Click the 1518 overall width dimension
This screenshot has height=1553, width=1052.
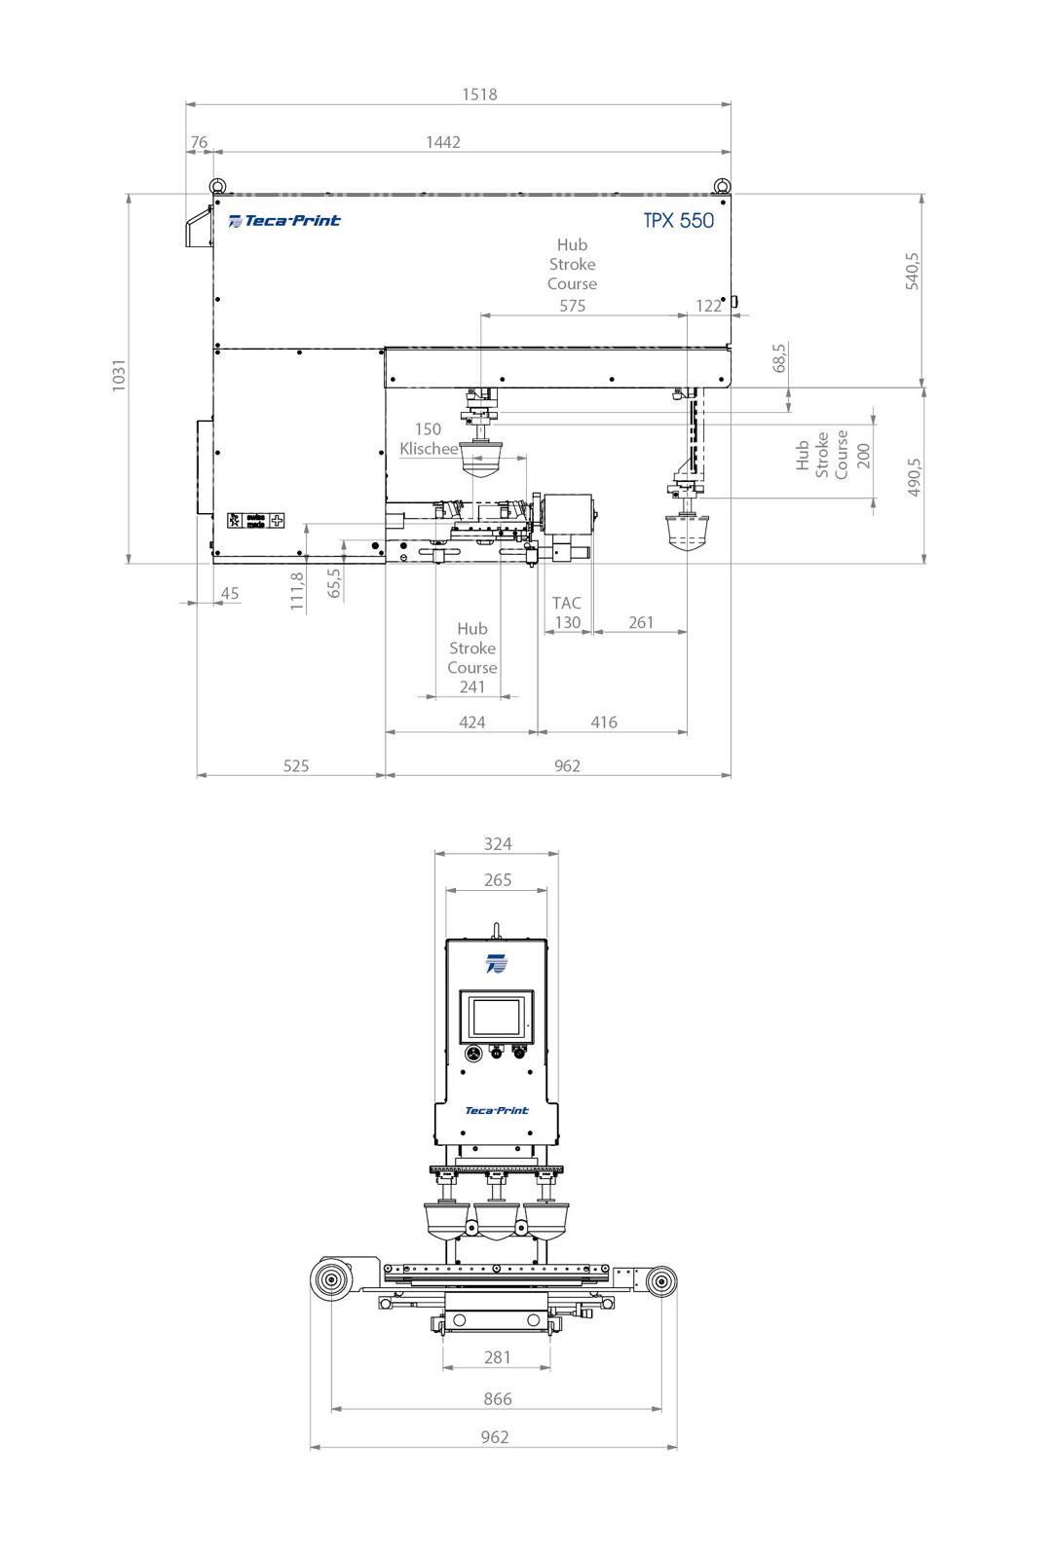pyautogui.click(x=479, y=94)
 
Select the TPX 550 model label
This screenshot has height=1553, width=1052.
pyautogui.click(x=678, y=220)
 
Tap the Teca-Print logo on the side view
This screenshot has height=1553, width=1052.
pyautogui.click(x=284, y=221)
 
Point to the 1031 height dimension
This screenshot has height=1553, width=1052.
pyautogui.click(x=118, y=376)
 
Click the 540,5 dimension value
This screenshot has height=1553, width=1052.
pyautogui.click(x=912, y=271)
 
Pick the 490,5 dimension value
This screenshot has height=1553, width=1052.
pyautogui.click(x=914, y=477)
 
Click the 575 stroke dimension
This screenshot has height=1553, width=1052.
pyautogui.click(x=573, y=306)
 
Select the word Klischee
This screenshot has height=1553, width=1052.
pyautogui.click(x=429, y=449)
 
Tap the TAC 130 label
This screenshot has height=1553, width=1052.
pyautogui.click(x=567, y=613)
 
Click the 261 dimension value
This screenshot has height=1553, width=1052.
pyautogui.click(x=641, y=622)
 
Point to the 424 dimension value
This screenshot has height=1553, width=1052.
pyautogui.click(x=471, y=721)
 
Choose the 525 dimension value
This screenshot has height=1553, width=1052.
pyautogui.click(x=296, y=765)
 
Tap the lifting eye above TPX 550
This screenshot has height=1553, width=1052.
pyautogui.click(x=722, y=184)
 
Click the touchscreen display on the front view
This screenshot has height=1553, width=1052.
pyautogui.click(x=497, y=1018)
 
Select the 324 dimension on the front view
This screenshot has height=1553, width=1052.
pyautogui.click(x=497, y=844)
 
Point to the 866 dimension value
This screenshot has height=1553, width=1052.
pyautogui.click(x=497, y=1399)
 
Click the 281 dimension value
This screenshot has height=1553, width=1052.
pyautogui.click(x=497, y=1357)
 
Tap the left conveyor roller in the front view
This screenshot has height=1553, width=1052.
pyautogui.click(x=333, y=1280)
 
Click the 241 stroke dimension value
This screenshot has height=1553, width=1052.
pyautogui.click(x=472, y=686)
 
